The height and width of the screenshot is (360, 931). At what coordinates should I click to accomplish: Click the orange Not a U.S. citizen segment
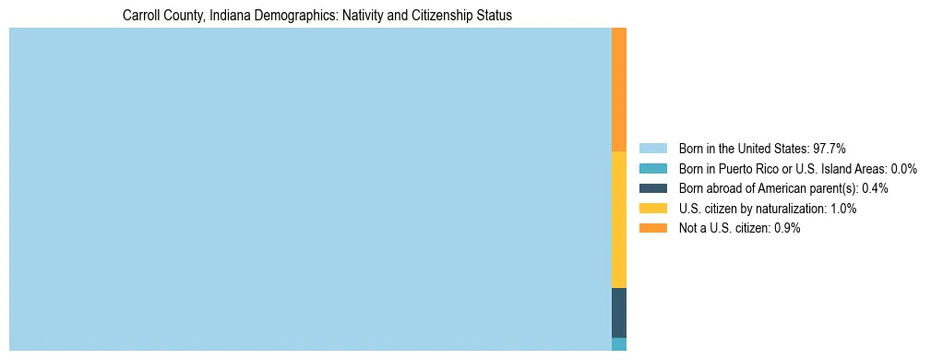[x=619, y=89]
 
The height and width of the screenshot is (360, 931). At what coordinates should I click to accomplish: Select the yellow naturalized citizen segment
[x=619, y=220]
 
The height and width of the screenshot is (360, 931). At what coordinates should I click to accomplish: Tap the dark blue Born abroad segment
[x=619, y=313]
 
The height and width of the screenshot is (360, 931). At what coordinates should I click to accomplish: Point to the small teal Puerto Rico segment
[x=619, y=344]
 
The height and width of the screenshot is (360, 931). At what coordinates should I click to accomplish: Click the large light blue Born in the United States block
[x=310, y=189]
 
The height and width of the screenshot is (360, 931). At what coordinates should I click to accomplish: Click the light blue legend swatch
[x=652, y=149]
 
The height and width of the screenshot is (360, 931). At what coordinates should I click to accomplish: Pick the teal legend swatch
[x=652, y=169]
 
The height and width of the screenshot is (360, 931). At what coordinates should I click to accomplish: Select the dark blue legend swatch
[x=652, y=188]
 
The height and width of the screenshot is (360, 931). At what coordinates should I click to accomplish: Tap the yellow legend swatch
[x=652, y=209]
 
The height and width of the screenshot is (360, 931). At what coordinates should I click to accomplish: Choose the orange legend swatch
[x=652, y=229]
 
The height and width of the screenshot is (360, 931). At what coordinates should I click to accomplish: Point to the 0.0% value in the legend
[x=904, y=169]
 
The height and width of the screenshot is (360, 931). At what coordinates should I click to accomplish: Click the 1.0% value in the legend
[x=843, y=209]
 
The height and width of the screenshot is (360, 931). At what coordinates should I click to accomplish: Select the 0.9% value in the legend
[x=787, y=229]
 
